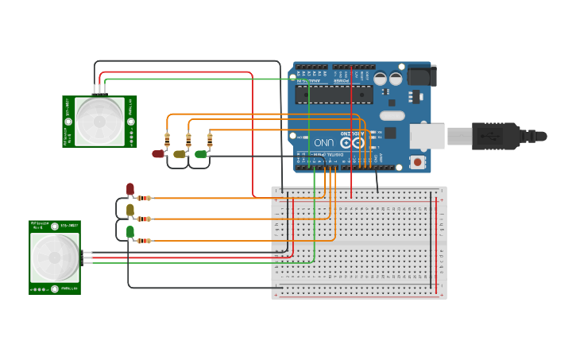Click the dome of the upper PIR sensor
coord(100,121)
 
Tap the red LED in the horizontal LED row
coord(158,153)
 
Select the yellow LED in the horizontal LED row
coord(180,154)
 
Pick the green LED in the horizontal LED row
coord(201,154)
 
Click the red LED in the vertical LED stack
coord(130,189)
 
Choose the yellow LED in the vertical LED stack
coord(130,210)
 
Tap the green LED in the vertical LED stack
coord(130,232)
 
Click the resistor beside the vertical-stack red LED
coord(144,198)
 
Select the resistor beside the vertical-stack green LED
coord(144,240)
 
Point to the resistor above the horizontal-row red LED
coord(167,140)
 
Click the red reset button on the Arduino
coord(417,161)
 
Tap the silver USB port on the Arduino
coord(427,136)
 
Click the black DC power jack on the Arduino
coord(421,76)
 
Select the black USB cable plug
coord(497,136)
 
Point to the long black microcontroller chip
coord(334,95)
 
